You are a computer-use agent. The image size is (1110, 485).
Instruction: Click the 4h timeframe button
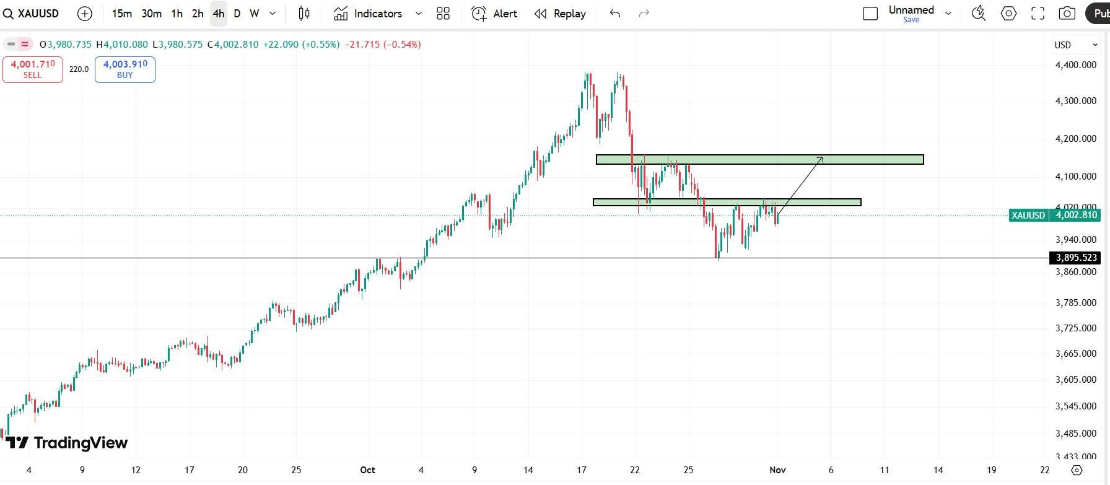pyautogui.click(x=218, y=14)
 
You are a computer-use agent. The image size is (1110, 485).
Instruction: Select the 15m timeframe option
pyautogui.click(x=121, y=14)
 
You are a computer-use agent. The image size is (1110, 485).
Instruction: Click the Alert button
pyautogui.click(x=494, y=14)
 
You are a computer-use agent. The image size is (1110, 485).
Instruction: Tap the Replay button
pyautogui.click(x=560, y=14)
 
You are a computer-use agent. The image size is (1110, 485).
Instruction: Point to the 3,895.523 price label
pyautogui.click(x=1075, y=258)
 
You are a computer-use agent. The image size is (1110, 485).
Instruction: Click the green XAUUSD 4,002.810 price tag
pyautogui.click(x=1054, y=215)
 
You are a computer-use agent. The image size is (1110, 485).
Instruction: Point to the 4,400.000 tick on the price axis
pyautogui.click(x=1075, y=65)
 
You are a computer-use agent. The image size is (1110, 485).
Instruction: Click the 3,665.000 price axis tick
pyautogui.click(x=1075, y=354)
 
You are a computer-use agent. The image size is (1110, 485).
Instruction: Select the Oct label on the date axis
pyautogui.click(x=367, y=470)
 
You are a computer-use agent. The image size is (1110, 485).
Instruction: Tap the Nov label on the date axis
pyautogui.click(x=777, y=470)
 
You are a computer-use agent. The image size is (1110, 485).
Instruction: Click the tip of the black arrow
pyautogui.click(x=823, y=157)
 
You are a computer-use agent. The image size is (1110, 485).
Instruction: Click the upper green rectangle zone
pyautogui.click(x=759, y=160)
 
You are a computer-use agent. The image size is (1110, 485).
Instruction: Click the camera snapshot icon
pyautogui.click(x=1067, y=14)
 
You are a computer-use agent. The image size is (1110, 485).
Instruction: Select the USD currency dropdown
pyautogui.click(x=1075, y=45)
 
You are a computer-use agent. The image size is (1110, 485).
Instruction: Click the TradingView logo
pyautogui.click(x=67, y=442)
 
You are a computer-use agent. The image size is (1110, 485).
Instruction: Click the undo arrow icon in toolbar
pyautogui.click(x=614, y=14)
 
